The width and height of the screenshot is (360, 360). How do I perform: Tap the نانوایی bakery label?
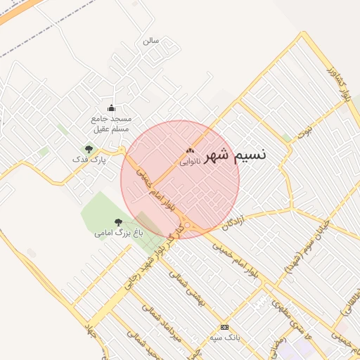[190, 161]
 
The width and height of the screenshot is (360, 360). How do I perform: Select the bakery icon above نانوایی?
[190, 150]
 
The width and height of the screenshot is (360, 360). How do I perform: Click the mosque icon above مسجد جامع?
[110, 108]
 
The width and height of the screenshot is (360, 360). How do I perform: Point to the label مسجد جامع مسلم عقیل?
[111, 124]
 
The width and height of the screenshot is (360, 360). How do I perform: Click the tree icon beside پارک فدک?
[89, 148]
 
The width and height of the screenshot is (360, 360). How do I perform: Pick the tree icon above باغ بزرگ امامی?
[117, 222]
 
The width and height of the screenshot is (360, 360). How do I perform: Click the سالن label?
[150, 41]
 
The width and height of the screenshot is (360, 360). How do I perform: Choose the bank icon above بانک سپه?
[224, 327]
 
